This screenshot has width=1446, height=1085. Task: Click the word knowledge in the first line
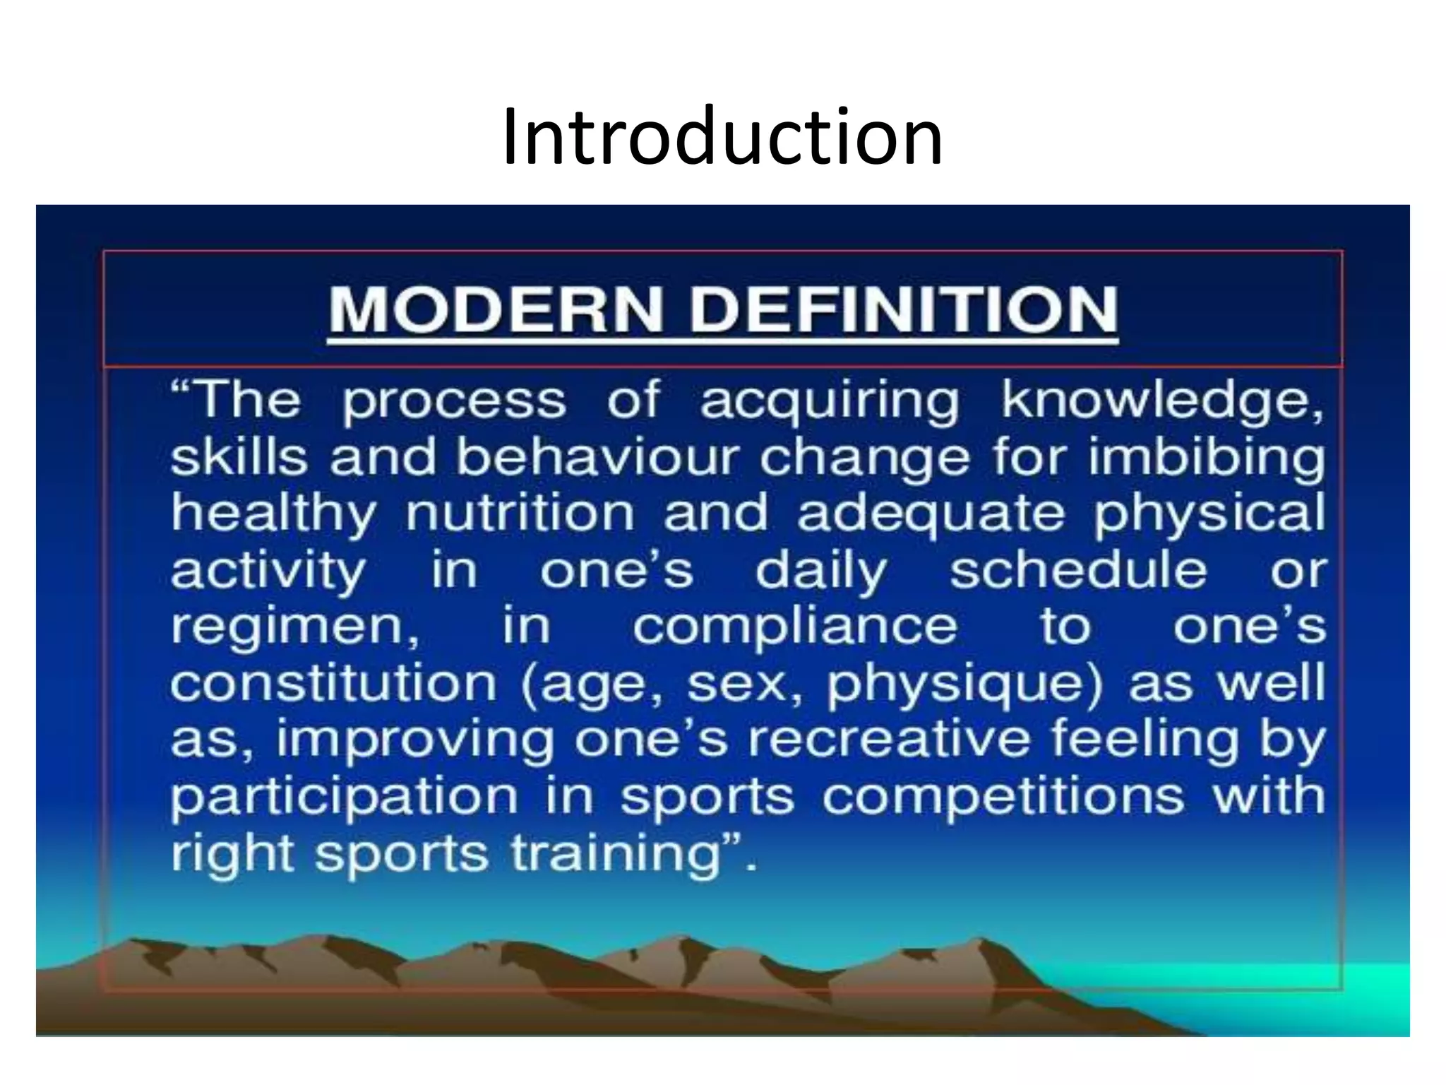point(1161,401)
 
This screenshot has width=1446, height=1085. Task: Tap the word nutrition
point(520,514)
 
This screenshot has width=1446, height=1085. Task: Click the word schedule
point(1078,570)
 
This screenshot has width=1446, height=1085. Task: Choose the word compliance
point(794,627)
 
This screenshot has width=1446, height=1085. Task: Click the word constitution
point(333,683)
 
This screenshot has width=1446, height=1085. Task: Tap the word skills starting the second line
point(239,457)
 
